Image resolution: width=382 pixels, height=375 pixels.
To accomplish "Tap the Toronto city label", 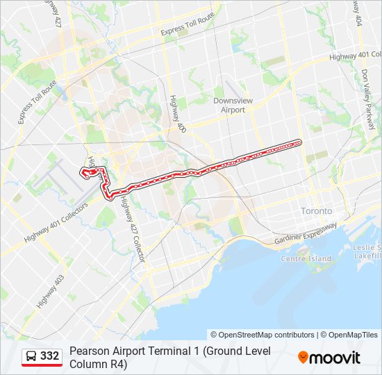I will (316, 210).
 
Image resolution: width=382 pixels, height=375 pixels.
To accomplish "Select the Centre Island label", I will (306, 259).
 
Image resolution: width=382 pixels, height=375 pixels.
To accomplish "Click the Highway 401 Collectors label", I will (56, 223).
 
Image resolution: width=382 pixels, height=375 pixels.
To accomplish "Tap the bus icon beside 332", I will (31, 356).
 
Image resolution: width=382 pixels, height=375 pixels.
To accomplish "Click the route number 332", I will (49, 356).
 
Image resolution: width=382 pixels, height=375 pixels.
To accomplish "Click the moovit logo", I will (329, 358).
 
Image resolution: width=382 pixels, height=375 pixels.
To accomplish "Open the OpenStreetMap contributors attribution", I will (263, 335).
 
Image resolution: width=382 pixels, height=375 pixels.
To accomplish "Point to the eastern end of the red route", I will (300, 142).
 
